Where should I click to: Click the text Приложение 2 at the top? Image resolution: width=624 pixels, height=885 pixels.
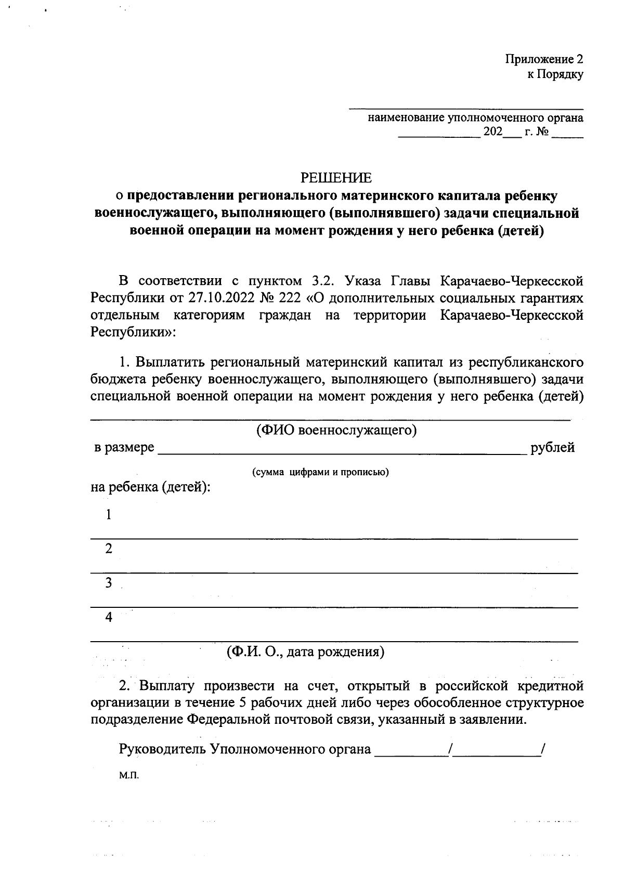pyautogui.click(x=544, y=59)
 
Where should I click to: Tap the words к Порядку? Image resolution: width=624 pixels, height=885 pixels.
pyautogui.click(x=555, y=74)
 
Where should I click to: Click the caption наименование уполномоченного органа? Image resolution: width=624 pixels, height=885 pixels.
pyautogui.click(x=475, y=118)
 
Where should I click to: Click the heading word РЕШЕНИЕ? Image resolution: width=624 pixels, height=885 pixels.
pyautogui.click(x=336, y=178)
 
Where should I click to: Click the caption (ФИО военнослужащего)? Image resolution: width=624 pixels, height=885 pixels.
pyautogui.click(x=336, y=431)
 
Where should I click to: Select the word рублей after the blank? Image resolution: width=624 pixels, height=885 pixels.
pyautogui.click(x=552, y=448)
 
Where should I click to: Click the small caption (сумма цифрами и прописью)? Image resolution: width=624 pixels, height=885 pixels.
pyautogui.click(x=321, y=472)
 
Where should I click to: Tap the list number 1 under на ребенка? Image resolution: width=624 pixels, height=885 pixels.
pyautogui.click(x=109, y=515)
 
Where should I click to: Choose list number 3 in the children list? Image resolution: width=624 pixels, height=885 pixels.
pyautogui.click(x=109, y=583)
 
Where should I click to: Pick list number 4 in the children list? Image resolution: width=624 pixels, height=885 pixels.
pyautogui.click(x=109, y=617)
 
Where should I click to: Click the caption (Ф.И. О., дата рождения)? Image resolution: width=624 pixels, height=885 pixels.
pyautogui.click(x=305, y=651)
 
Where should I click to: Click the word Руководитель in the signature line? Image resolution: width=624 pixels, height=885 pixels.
pyautogui.click(x=163, y=749)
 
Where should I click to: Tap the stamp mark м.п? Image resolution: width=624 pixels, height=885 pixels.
pyautogui.click(x=129, y=775)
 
